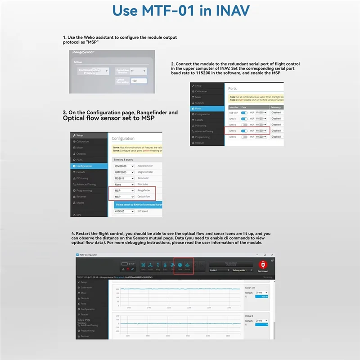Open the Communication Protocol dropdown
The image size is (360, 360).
click(94, 71)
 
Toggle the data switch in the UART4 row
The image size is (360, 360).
click(244, 130)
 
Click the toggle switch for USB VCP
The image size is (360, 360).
click(244, 112)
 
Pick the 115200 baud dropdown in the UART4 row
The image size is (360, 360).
click(261, 130)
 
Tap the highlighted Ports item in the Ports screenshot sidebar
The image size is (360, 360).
click(207, 109)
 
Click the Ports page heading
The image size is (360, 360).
click(233, 89)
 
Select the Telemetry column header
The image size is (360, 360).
click(276, 108)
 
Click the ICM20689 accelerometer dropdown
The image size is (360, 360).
click(123, 166)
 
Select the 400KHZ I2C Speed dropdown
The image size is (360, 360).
click(123, 210)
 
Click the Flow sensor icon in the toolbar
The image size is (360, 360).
click(180, 266)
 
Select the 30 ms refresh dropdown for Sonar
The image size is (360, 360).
click(261, 292)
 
